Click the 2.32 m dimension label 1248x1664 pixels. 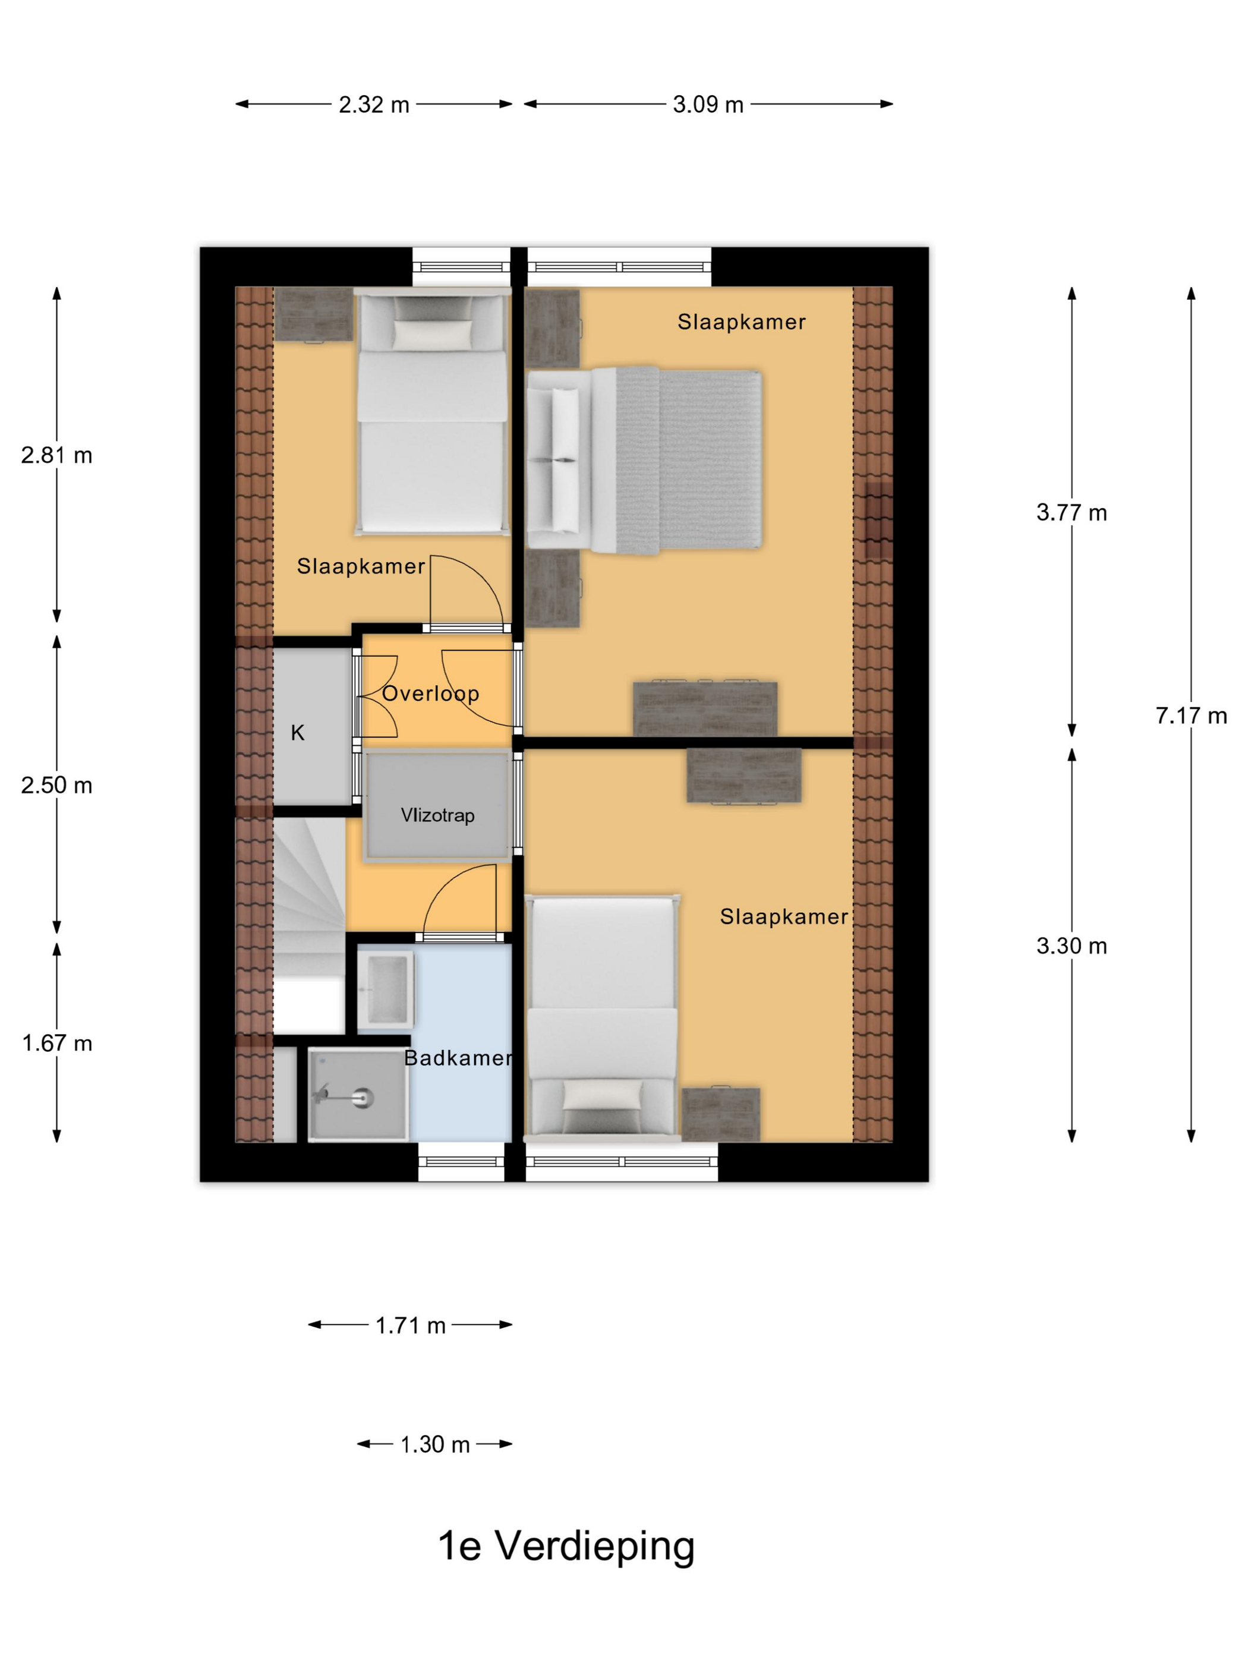tap(374, 105)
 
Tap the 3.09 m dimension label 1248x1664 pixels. tap(708, 105)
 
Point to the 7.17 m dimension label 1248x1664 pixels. tap(1191, 716)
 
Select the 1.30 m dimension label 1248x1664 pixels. tap(435, 1444)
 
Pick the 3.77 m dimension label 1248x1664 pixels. tap(1071, 512)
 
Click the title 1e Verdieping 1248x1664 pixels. tap(566, 1548)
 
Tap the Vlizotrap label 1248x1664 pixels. tap(437, 815)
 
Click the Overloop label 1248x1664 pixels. tap(430, 693)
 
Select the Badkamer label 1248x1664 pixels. tap(458, 1058)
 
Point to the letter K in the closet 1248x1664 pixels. tap(298, 733)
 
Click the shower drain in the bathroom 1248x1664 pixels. tap(365, 1098)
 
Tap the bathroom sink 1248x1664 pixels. tap(386, 990)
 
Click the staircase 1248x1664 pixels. tap(309, 925)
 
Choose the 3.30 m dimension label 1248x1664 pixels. tap(1071, 946)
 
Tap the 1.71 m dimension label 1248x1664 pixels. tap(411, 1325)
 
